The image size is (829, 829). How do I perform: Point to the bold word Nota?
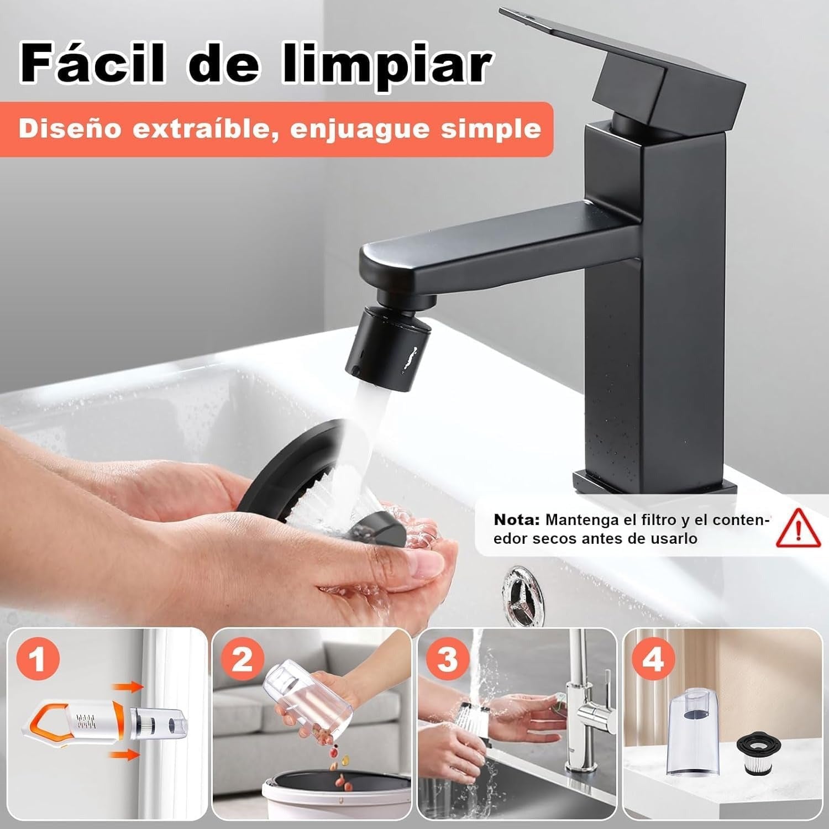pyautogui.click(x=516, y=520)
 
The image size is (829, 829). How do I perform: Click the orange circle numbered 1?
pyautogui.click(x=38, y=660)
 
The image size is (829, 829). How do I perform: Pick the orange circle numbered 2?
pyautogui.click(x=242, y=659)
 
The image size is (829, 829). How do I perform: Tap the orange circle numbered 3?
pyautogui.click(x=447, y=659)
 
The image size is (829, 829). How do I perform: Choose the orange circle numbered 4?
pyautogui.click(x=653, y=659)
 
